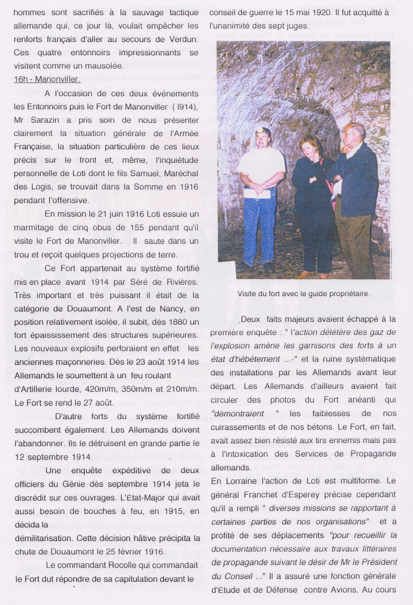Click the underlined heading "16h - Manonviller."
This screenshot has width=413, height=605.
(47, 79)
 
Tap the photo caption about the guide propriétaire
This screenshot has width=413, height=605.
(303, 294)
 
